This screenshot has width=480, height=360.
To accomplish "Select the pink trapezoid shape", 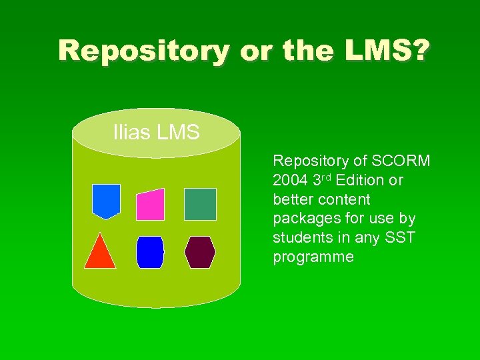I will tap(151, 204).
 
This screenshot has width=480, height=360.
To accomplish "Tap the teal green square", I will tap(200, 204).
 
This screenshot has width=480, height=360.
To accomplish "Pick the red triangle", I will tap(100, 251).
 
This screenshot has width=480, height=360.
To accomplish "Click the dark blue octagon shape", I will tap(150, 252).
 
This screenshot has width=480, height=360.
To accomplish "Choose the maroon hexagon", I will tap(200, 252).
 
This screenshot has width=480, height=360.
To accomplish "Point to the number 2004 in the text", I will tap(290, 180).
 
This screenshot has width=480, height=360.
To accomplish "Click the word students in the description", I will tap(300, 238).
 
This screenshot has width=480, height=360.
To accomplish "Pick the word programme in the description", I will tap(313, 257).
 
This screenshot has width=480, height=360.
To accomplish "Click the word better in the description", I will tap(292, 199).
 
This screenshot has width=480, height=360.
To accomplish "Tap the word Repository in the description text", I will tap(311, 161).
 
